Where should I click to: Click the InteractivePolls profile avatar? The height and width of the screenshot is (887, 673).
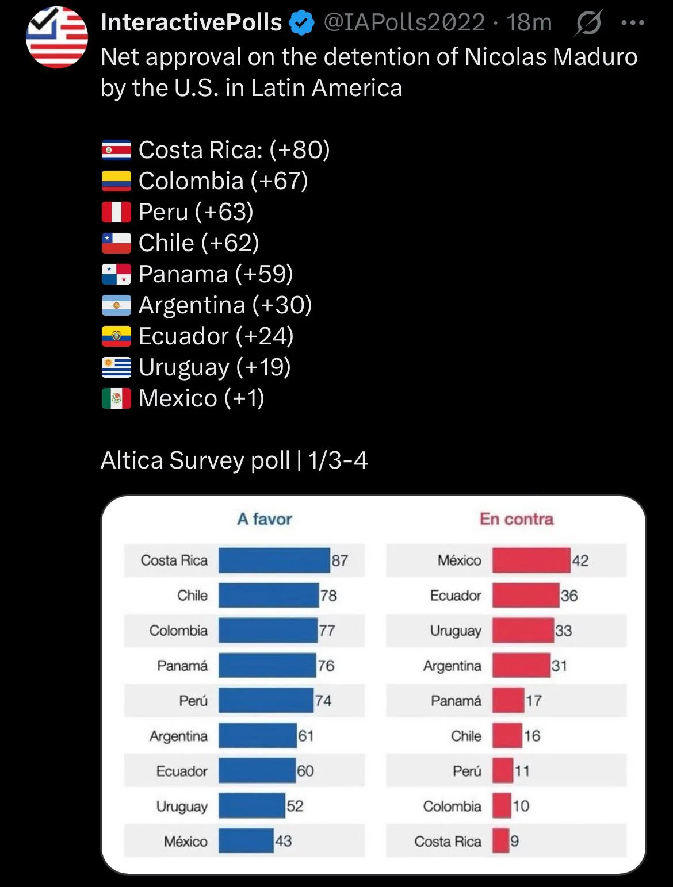click(x=57, y=37)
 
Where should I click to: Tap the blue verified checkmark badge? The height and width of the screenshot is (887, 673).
click(x=301, y=23)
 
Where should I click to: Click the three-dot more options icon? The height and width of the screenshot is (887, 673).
click(x=633, y=23)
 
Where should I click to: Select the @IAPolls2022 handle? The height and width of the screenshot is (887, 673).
click(x=404, y=23)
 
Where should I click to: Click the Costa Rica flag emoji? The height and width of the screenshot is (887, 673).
click(x=116, y=150)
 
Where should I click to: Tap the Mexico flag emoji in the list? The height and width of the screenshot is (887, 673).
click(x=116, y=398)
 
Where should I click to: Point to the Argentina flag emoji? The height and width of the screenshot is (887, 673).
click(x=116, y=305)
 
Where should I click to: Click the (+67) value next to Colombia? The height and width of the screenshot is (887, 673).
click(x=280, y=181)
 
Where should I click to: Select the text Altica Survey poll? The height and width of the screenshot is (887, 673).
click(x=196, y=460)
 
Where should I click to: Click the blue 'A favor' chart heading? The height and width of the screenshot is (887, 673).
click(x=265, y=519)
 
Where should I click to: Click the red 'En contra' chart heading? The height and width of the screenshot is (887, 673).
click(x=517, y=519)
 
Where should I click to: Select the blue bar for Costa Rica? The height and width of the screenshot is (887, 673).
click(x=274, y=560)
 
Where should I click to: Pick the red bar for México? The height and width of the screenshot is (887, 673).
click(x=531, y=560)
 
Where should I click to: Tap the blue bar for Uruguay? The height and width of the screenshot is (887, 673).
click(x=251, y=806)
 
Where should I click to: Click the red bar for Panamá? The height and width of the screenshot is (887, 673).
click(x=508, y=701)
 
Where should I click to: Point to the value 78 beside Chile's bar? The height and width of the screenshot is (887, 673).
click(x=328, y=596)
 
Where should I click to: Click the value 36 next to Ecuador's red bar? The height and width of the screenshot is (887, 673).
click(x=569, y=596)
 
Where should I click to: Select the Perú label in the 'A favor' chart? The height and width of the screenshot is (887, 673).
click(x=193, y=701)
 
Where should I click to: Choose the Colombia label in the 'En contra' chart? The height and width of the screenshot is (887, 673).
click(x=452, y=806)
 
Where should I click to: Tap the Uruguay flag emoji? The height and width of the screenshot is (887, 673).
click(x=116, y=367)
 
